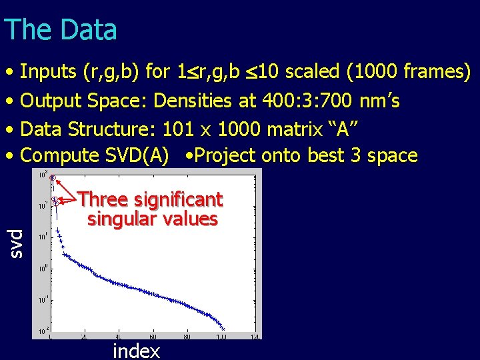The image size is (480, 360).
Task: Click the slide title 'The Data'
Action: click(60, 30)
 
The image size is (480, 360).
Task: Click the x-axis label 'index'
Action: click(136, 351)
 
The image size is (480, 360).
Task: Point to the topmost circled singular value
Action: click(53, 177)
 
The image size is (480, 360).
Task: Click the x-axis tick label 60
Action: click(153, 336)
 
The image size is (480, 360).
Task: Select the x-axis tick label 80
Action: click(189, 336)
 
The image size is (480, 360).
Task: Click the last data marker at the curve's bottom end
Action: click(224, 329)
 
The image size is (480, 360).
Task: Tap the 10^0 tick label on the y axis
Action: click(41, 268)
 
